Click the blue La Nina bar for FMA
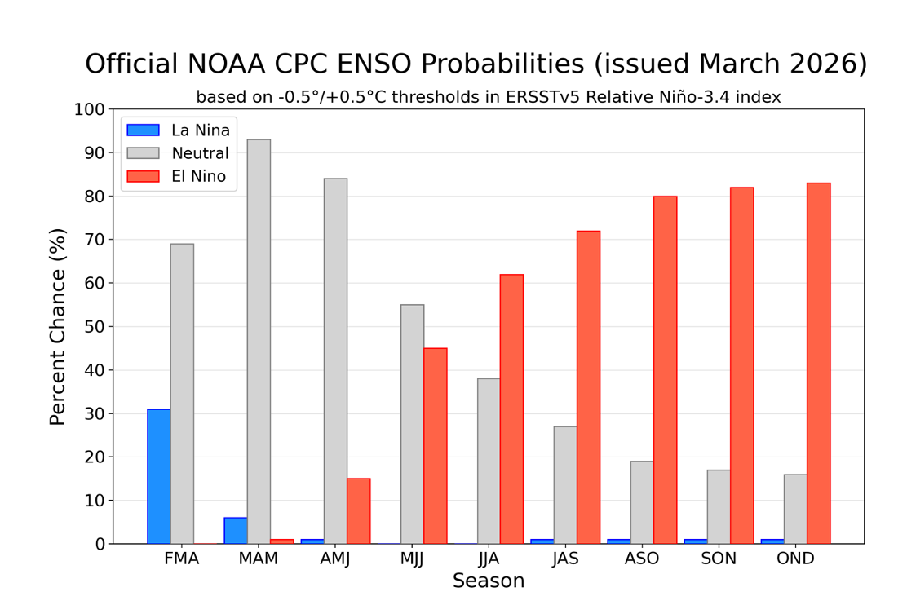pos(159,476)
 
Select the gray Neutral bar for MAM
pos(259,342)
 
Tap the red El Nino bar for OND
pos(818,363)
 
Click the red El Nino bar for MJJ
pos(435,446)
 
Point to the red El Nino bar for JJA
pos(511,409)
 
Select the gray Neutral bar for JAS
pos(565,485)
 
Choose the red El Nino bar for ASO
pos(665,370)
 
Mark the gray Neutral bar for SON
pos(719,506)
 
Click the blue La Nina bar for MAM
pos(236,531)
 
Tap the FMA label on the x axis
pos(182,559)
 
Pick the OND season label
pos(795,559)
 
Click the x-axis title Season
pos(489,581)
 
